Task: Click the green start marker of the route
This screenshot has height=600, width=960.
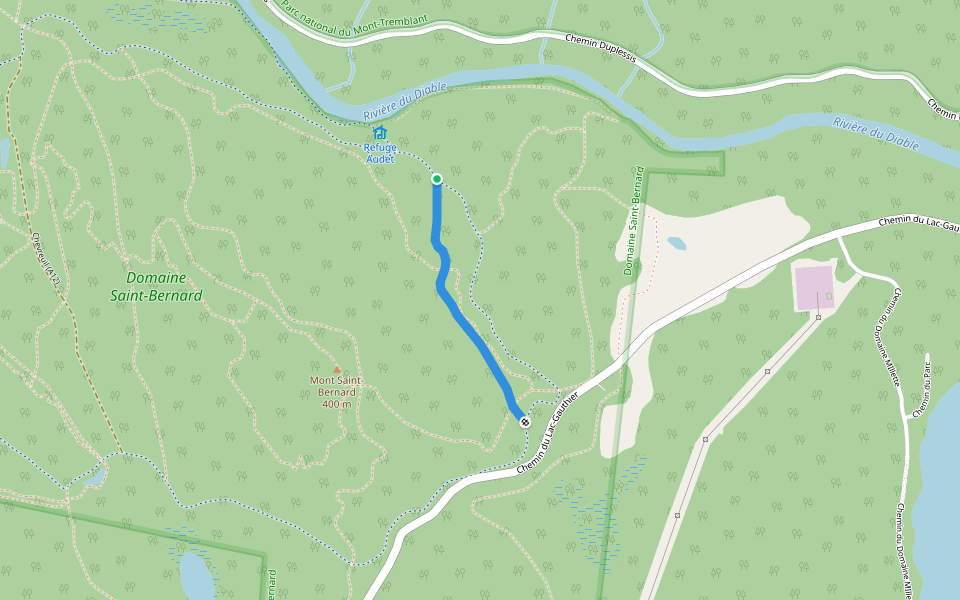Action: click(x=437, y=179)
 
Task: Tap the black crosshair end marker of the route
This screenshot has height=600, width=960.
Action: click(x=524, y=422)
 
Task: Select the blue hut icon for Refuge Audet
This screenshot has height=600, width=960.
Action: click(x=380, y=132)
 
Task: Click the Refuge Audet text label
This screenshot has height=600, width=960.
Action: click(x=380, y=153)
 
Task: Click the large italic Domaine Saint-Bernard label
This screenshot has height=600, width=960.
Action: click(x=157, y=286)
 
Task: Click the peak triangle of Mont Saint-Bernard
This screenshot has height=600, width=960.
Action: click(x=337, y=369)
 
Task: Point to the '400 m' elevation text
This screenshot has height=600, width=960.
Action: click(x=337, y=404)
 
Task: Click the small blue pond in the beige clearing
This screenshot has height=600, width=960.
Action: click(x=677, y=243)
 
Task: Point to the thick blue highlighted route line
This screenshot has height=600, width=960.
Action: click(x=470, y=330)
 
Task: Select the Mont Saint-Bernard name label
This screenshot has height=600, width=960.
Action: click(x=336, y=386)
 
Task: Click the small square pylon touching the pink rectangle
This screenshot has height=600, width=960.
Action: click(x=818, y=317)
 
